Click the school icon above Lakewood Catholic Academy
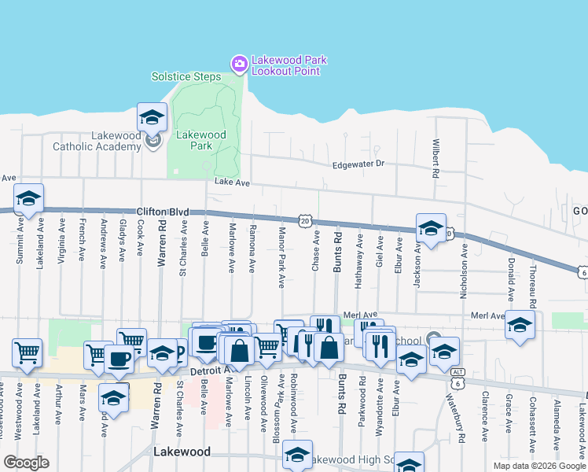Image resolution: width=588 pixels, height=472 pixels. click(152, 119)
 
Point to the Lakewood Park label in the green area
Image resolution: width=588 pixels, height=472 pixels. click(201, 140)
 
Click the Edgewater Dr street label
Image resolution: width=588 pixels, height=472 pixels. click(358, 164)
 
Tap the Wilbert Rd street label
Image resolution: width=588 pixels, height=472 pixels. click(435, 158)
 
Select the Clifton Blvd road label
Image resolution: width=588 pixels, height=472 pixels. click(163, 212)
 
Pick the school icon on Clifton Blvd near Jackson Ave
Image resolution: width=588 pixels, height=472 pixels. click(430, 228)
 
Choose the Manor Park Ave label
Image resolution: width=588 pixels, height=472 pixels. click(281, 258)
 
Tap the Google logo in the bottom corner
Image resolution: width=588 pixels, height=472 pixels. click(26, 462)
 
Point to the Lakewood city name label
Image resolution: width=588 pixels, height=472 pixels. click(182, 452)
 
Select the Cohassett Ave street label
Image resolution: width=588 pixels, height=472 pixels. click(532, 425)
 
